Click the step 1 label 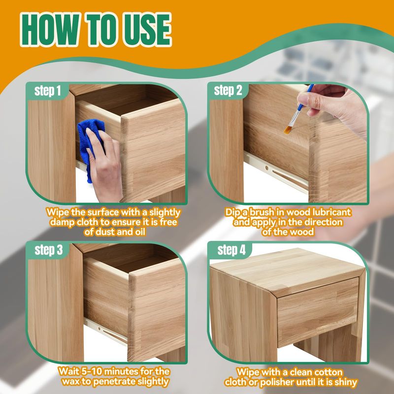47,91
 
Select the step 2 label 228,91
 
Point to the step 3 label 48,250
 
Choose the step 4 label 231,250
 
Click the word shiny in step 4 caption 344,383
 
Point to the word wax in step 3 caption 71,382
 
